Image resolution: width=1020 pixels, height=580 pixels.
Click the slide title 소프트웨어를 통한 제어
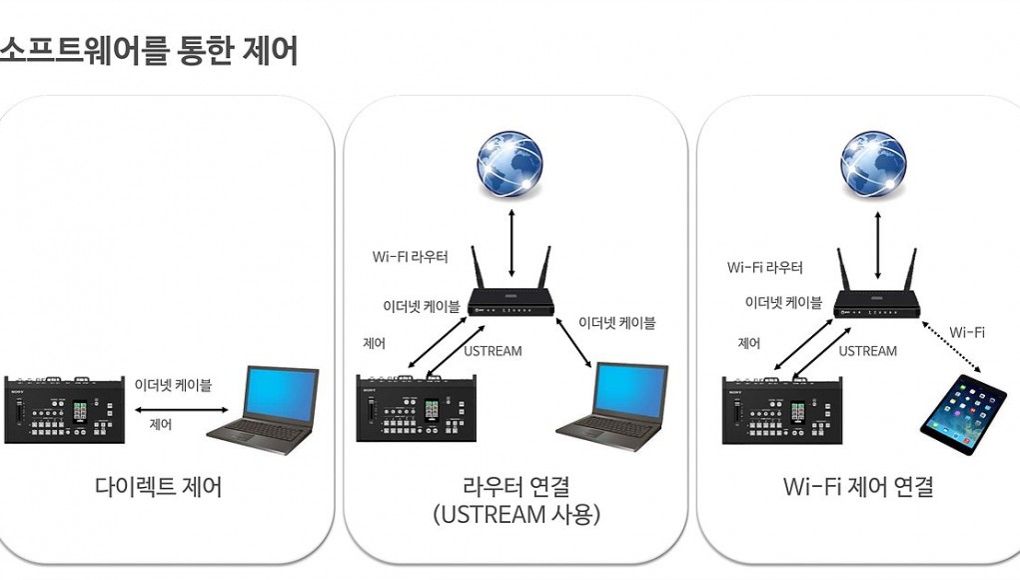(148, 51)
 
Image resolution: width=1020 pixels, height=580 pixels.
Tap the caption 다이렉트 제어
(159, 487)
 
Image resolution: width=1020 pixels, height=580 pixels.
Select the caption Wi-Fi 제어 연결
(859, 487)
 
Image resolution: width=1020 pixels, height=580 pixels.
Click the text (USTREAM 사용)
(516, 514)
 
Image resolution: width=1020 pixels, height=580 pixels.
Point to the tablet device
(963, 415)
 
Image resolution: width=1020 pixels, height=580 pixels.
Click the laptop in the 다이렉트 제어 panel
(263, 410)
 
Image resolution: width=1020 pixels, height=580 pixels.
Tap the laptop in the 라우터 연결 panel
(612, 407)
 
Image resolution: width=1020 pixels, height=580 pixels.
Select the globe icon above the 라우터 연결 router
(510, 165)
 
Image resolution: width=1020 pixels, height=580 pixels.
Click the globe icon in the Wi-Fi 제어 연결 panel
(873, 165)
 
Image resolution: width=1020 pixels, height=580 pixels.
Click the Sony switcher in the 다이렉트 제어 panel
(64, 409)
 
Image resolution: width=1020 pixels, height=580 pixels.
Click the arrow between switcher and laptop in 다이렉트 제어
(182, 410)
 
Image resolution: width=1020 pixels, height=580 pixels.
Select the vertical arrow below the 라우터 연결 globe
(511, 243)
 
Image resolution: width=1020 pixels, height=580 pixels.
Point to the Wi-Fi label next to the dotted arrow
(967, 332)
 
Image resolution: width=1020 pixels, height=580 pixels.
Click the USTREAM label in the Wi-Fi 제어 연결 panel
(868, 351)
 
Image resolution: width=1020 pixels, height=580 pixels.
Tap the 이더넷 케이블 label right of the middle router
(617, 322)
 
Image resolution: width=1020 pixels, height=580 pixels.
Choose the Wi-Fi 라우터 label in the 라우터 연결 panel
(410, 256)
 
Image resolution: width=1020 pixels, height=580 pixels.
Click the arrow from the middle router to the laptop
(573, 343)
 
